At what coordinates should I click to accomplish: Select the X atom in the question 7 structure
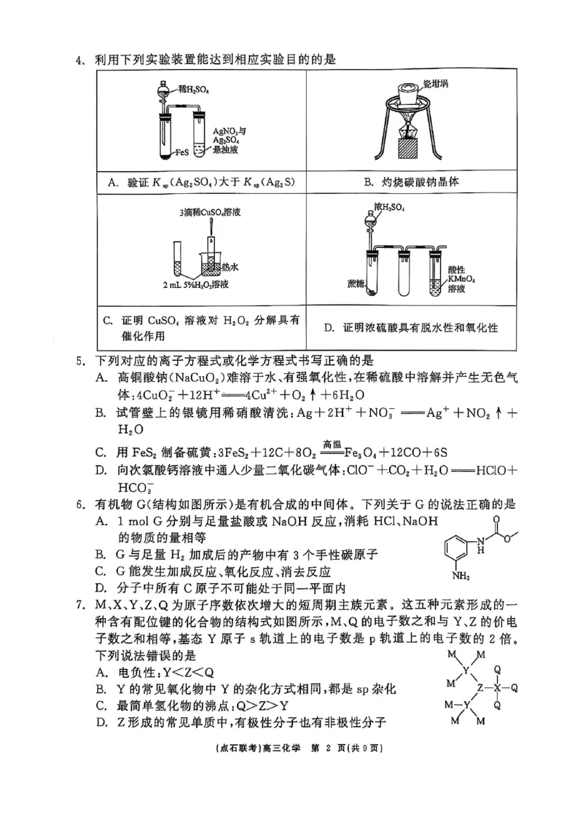[497, 687]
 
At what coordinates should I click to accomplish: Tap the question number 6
[80, 504]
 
